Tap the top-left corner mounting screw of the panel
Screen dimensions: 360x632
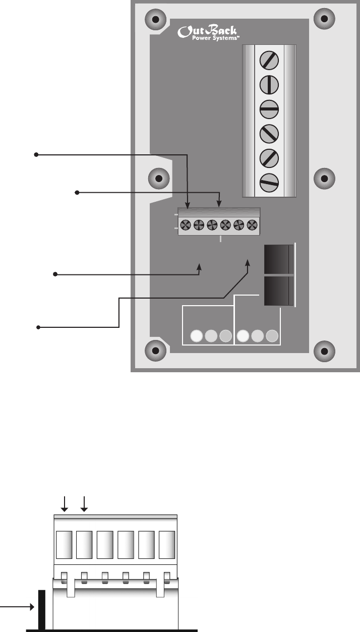(x=156, y=20)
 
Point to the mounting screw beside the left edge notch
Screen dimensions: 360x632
(x=159, y=179)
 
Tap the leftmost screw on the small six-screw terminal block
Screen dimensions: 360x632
(x=186, y=224)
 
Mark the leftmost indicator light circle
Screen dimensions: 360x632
(x=197, y=336)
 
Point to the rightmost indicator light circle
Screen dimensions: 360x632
(x=273, y=336)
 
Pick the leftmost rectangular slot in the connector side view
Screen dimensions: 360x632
(x=64, y=544)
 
